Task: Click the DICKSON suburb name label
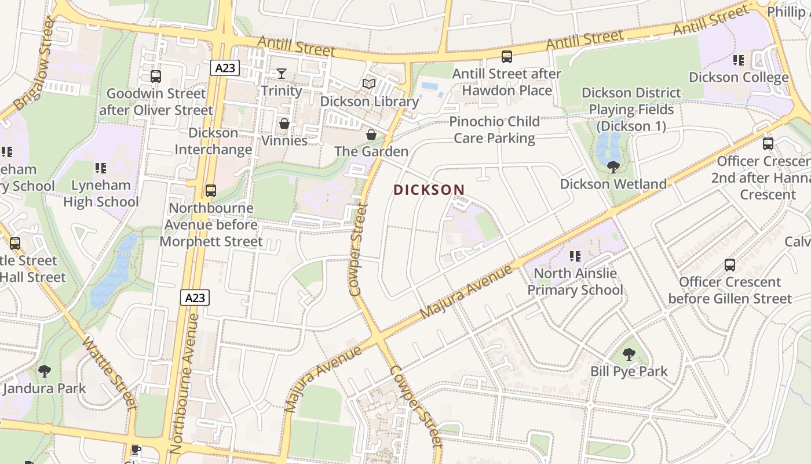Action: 429,190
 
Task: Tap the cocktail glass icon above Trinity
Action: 282,73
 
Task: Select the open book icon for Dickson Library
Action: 369,84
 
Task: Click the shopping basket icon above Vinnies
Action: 284,124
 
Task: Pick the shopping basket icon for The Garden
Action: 371,135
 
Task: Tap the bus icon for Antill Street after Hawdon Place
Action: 507,57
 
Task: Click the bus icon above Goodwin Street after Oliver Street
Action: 156,77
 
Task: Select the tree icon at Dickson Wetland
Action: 613,167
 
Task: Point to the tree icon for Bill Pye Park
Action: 629,354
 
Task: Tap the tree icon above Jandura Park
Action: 44,371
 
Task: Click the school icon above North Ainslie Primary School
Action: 575,256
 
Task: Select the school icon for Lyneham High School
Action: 101,168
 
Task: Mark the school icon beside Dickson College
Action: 739,60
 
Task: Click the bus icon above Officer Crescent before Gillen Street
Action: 730,265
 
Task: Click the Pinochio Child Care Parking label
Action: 494,130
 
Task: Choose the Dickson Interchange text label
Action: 214,141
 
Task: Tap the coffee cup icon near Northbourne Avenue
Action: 136,450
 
